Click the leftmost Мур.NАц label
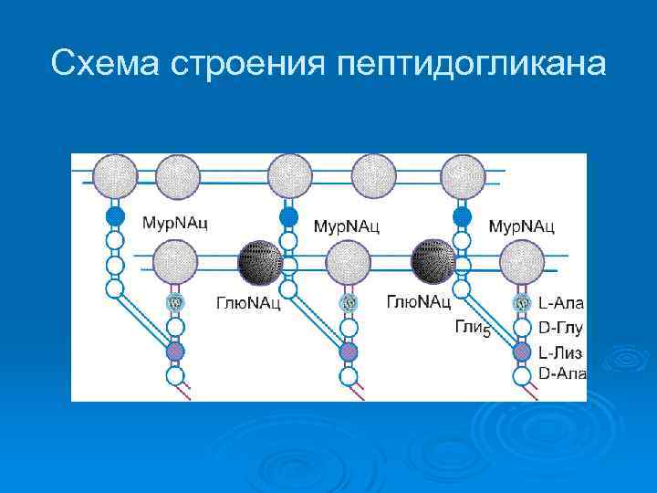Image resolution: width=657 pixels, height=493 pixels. [x=174, y=223]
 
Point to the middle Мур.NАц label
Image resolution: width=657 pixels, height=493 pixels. [x=348, y=225]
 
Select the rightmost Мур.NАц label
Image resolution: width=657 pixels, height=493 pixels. [x=522, y=225]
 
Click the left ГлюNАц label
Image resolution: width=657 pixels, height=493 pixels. [x=247, y=302]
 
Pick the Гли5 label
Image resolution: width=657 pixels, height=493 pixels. [x=473, y=330]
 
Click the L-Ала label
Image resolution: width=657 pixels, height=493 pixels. [x=560, y=302]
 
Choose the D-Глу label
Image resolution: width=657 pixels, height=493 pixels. [x=560, y=328]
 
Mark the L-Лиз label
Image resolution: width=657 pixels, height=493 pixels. [x=560, y=352]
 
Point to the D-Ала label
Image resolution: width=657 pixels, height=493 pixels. [x=561, y=373]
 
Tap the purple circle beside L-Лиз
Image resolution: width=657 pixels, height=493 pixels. [x=522, y=351]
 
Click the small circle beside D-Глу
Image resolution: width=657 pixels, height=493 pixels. [x=522, y=327]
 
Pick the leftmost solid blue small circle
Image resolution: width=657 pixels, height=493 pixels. [x=115, y=216]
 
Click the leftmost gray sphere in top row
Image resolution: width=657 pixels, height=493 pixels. [x=115, y=175]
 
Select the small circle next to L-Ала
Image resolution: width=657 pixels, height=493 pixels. [x=522, y=302]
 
